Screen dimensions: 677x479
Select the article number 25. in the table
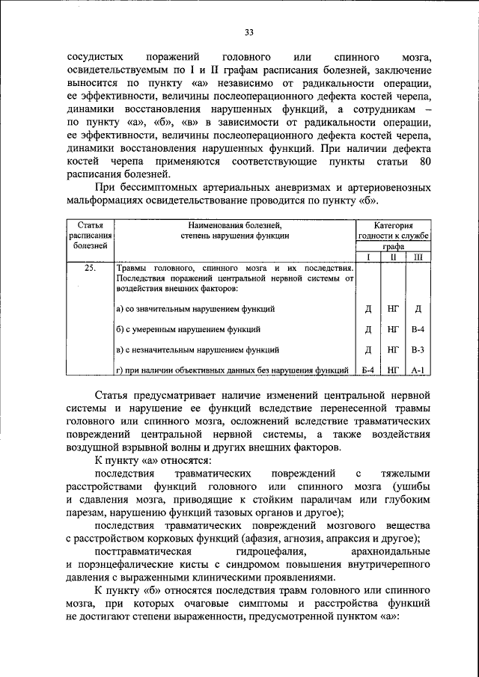89,268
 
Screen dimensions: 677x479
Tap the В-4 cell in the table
418,328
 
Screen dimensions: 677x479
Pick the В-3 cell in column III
418,349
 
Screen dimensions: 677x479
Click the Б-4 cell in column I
367,370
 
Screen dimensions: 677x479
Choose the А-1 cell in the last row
418,370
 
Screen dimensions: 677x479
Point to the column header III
418,257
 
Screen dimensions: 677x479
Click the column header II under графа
392,257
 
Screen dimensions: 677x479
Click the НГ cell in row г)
392,370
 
